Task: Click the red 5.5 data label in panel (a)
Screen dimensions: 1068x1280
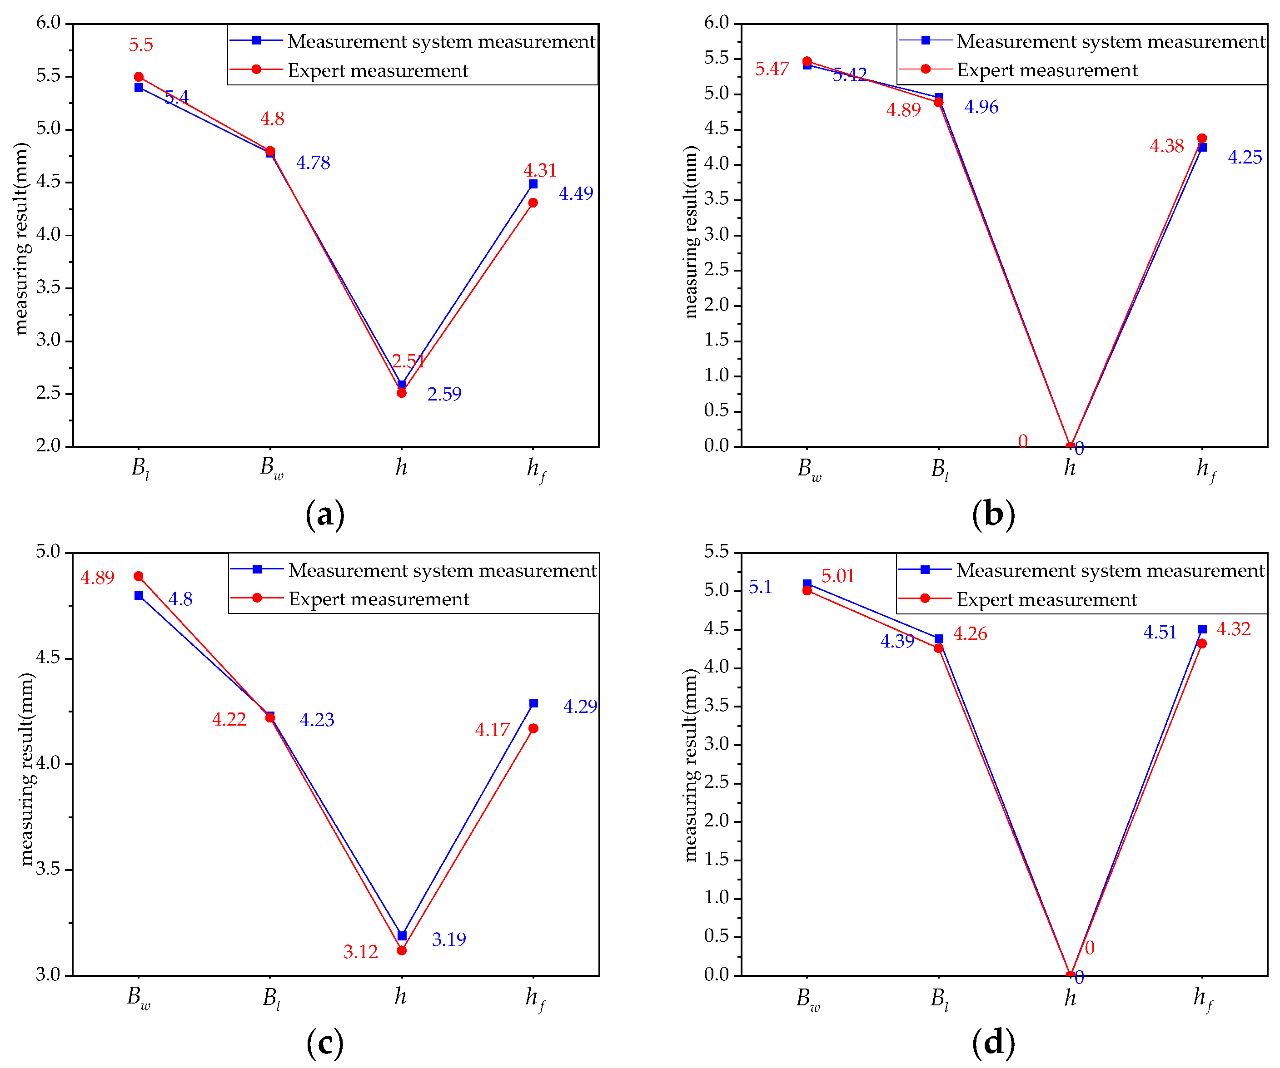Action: pyautogui.click(x=141, y=45)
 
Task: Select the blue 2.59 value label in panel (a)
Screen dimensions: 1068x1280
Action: pyautogui.click(x=444, y=395)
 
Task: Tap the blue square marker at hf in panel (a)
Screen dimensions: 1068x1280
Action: pyautogui.click(x=533, y=184)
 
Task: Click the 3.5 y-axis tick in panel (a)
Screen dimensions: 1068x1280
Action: pyautogui.click(x=49, y=287)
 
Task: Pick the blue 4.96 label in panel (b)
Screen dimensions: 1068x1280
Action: pyautogui.click(x=981, y=107)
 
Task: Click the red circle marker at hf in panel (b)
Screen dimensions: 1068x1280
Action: pyautogui.click(x=1202, y=139)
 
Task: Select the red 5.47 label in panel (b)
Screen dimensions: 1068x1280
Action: pyautogui.click(x=772, y=69)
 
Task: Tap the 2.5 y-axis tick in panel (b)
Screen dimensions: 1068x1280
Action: pyautogui.click(x=717, y=270)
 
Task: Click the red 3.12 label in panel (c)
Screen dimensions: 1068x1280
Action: pyautogui.click(x=361, y=952)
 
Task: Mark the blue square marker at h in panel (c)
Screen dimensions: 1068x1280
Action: pyautogui.click(x=402, y=936)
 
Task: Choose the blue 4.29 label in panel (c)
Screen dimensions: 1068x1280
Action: pyautogui.click(x=580, y=707)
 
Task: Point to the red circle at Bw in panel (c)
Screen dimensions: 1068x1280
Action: pyautogui.click(x=139, y=576)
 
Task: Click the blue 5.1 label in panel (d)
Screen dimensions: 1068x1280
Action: pyautogui.click(x=760, y=587)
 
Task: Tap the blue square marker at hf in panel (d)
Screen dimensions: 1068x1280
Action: pyautogui.click(x=1202, y=629)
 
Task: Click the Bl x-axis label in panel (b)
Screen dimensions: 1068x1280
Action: pyautogui.click(x=939, y=469)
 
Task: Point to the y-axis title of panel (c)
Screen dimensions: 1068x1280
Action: pyautogui.click(x=25, y=769)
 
